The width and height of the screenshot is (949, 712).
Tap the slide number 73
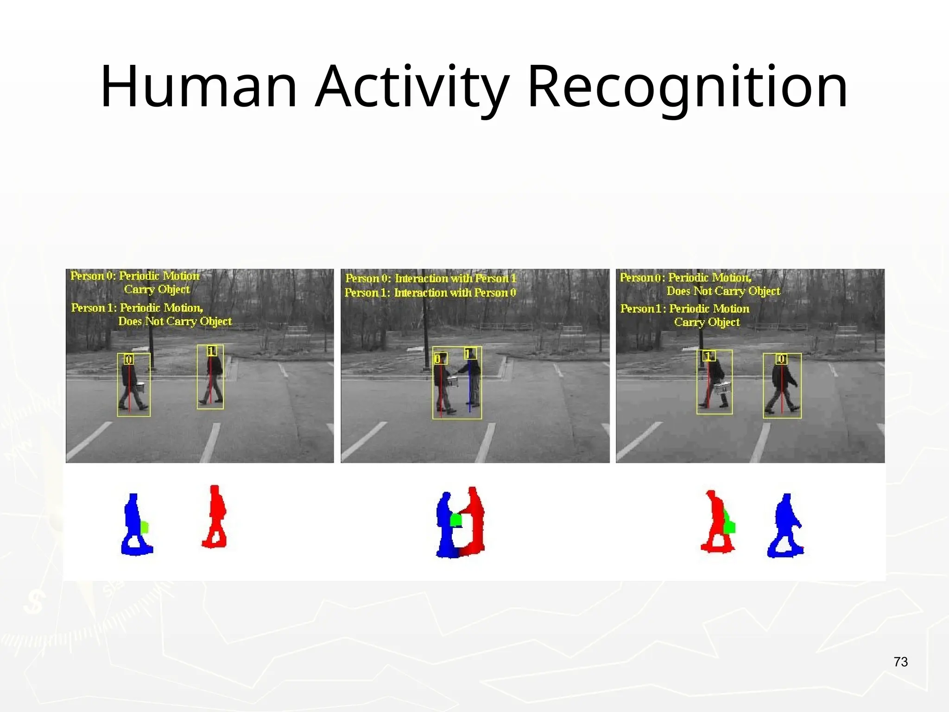[x=900, y=662]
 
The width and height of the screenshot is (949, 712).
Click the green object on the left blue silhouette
[x=145, y=527]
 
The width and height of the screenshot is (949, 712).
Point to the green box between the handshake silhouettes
[x=456, y=520]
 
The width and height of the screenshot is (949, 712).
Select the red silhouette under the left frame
[x=215, y=516]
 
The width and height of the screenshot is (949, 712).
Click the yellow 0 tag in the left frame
[x=129, y=359]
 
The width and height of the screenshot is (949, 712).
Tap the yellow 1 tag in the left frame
[x=211, y=351]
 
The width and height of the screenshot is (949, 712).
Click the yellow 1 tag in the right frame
[x=709, y=356]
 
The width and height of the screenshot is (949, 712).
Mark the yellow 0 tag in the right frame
[x=781, y=359]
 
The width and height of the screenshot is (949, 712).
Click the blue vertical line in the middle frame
[x=469, y=385]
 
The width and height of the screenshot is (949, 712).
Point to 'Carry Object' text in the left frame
[x=157, y=290]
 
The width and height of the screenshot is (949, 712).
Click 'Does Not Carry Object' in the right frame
[x=723, y=291]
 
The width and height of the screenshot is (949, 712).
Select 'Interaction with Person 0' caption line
[x=455, y=293]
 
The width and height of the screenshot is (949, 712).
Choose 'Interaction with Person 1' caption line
[x=455, y=279]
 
